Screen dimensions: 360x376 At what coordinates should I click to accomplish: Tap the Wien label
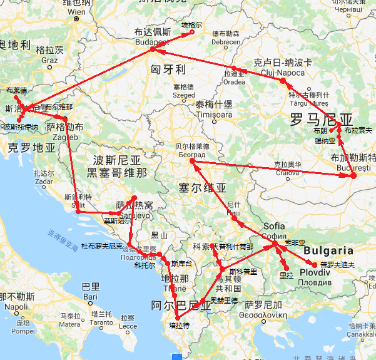coord(76,12)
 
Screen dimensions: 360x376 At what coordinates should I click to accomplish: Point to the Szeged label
coord(184,95)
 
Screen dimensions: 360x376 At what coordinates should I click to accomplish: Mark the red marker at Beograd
coord(192,162)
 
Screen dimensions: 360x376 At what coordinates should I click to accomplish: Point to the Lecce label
coord(128,326)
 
